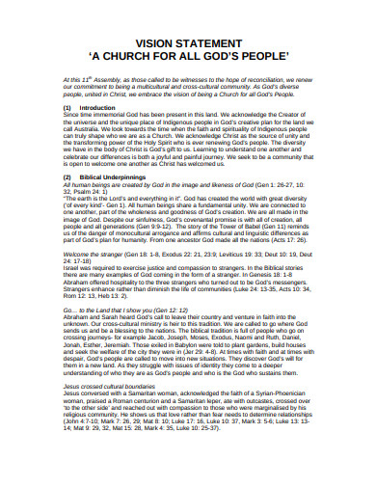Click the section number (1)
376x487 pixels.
click(x=67, y=108)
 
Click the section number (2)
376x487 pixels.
click(x=67, y=177)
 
